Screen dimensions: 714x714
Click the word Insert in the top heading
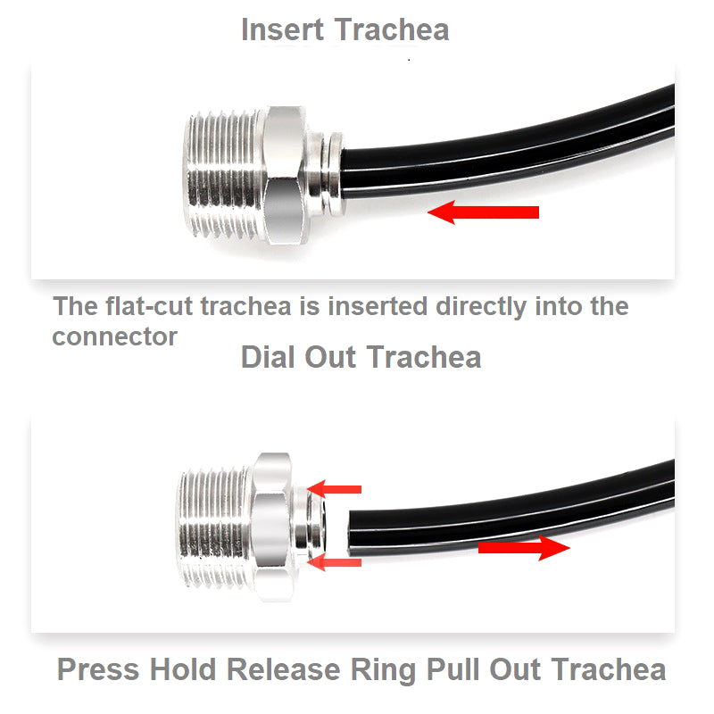pos(282,29)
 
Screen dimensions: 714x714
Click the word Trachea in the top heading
pos(392,29)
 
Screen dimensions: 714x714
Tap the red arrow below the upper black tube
pos(483,212)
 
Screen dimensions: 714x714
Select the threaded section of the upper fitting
pos(224,174)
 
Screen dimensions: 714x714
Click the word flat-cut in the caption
pos(153,306)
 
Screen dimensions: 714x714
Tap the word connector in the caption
pos(115,337)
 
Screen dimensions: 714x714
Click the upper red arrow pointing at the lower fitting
pos(334,489)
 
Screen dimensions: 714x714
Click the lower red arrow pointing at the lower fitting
pos(334,562)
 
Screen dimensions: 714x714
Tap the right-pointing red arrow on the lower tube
pos(524,548)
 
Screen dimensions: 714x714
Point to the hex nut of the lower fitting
pos(271,527)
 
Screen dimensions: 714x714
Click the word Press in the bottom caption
pos(98,669)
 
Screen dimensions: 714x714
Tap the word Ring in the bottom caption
pos(383,671)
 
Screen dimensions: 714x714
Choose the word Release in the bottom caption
pos(284,669)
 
